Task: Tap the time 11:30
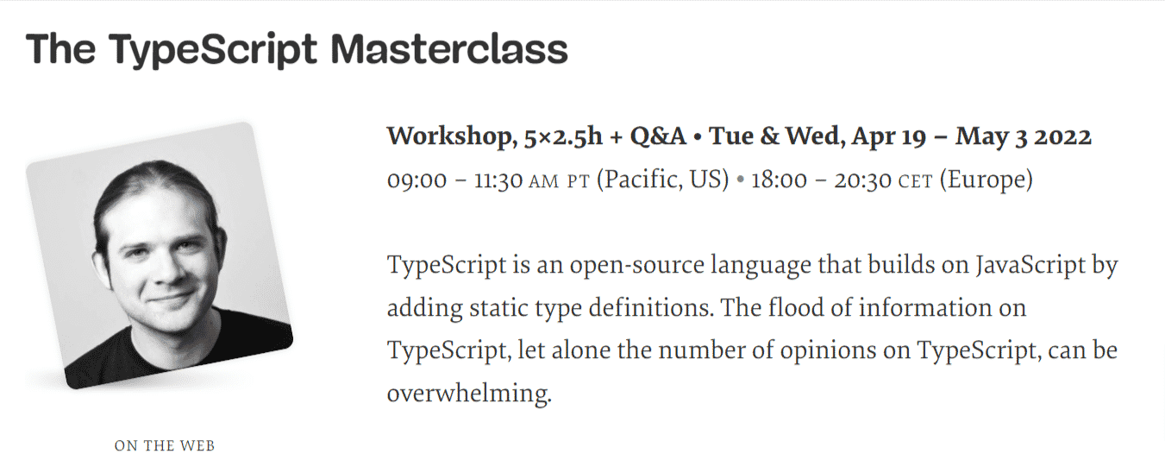point(498,181)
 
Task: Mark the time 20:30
point(862,181)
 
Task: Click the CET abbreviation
point(915,182)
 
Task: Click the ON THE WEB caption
point(164,446)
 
